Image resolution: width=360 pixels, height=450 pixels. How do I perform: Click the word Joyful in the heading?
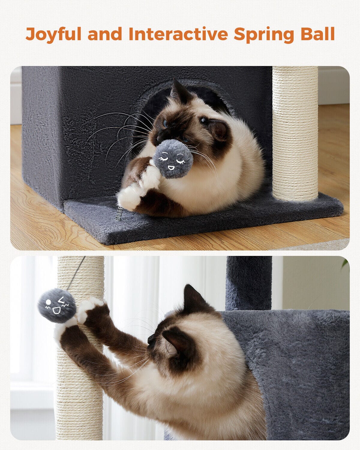(x=53, y=34)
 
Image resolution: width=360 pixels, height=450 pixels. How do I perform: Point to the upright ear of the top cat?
(x=179, y=90)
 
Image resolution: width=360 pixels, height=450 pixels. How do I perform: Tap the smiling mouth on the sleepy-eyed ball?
(x=171, y=168)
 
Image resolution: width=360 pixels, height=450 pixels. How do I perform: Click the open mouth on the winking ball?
(x=56, y=311)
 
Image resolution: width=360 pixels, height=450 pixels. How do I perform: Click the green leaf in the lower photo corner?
(x=346, y=264)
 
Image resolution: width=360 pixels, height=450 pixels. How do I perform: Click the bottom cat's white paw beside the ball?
(x=89, y=307)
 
